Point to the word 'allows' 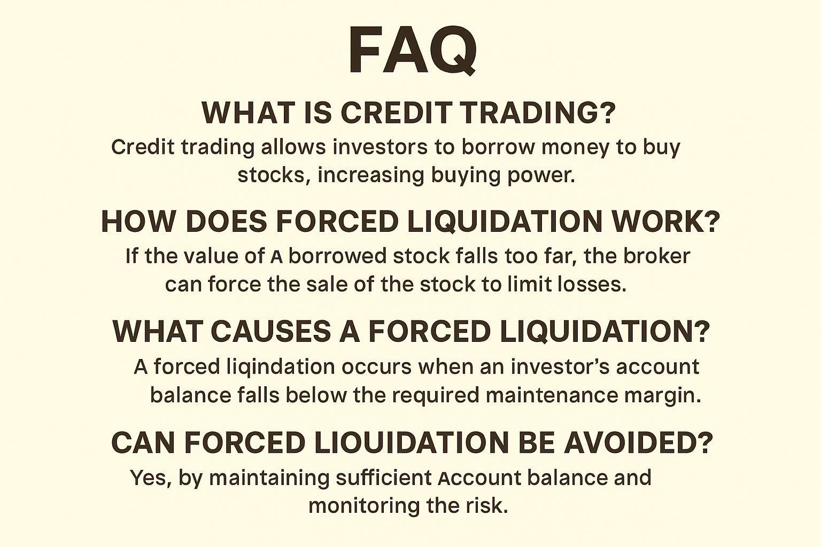point(293,147)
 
